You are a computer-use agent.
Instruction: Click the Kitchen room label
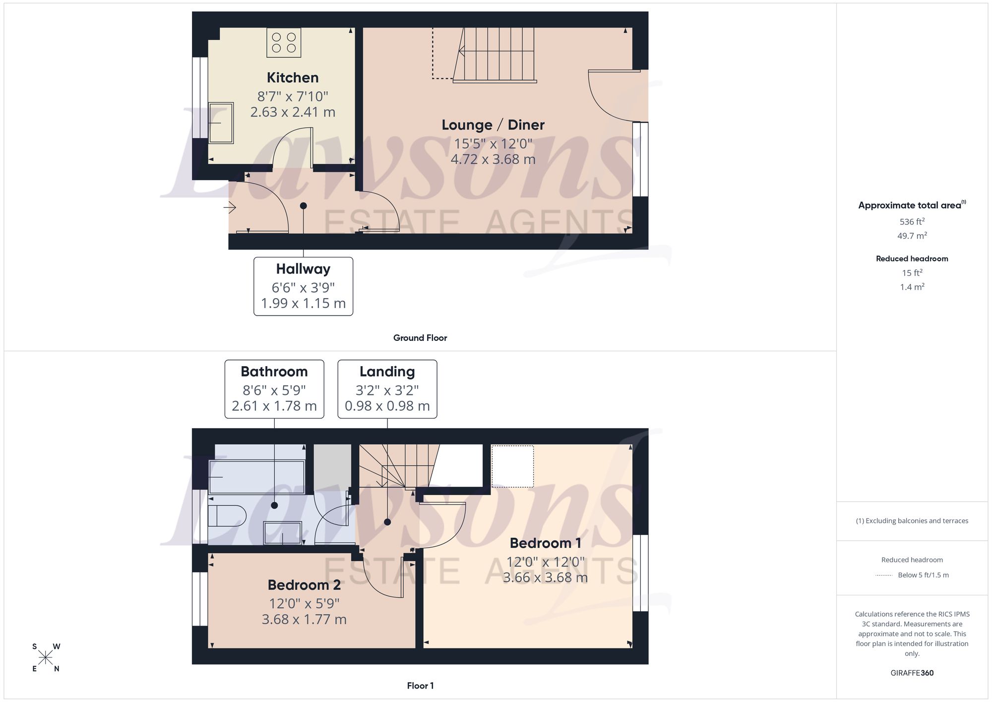(293, 77)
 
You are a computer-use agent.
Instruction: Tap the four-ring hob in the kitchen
(284, 43)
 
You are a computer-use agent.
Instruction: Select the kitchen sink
(221, 123)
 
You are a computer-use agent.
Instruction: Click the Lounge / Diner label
(493, 125)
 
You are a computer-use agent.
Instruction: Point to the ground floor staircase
(494, 55)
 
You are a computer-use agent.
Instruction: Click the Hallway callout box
(303, 286)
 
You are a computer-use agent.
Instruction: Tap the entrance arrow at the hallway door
(230, 207)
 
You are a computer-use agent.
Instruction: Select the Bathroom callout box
(274, 389)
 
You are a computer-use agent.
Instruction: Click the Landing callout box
(387, 389)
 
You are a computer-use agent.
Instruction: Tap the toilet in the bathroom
(227, 516)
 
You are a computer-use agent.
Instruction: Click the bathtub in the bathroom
(256, 477)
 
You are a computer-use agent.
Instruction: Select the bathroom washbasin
(283, 533)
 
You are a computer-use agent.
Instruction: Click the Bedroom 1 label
(545, 543)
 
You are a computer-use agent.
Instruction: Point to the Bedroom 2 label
(304, 585)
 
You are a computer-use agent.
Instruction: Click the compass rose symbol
(46, 658)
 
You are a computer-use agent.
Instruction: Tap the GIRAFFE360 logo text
(912, 673)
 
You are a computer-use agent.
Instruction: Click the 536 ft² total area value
(912, 222)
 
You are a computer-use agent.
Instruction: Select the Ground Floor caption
(420, 338)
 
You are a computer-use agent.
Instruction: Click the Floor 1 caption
(420, 686)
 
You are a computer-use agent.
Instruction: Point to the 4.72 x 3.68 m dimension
(493, 159)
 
